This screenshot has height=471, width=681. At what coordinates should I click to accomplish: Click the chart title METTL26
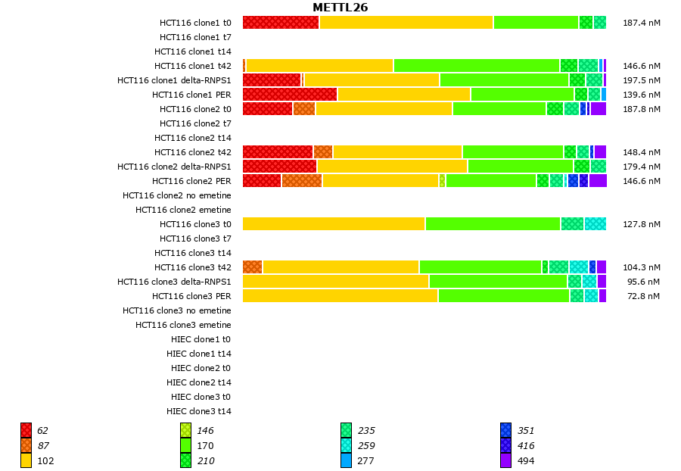340,8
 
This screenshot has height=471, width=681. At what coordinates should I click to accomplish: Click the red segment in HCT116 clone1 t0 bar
281,23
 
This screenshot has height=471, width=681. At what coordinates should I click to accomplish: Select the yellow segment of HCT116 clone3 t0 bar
334,224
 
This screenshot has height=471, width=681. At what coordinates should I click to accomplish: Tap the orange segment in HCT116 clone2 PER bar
302,181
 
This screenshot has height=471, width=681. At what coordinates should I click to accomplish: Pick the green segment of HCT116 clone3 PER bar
503,296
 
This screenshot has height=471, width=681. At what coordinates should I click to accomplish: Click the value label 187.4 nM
641,23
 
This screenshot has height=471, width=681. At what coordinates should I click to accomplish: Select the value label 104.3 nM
641,267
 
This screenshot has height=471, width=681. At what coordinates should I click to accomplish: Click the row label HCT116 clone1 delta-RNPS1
174,80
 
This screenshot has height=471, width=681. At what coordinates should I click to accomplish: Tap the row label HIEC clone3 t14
199,411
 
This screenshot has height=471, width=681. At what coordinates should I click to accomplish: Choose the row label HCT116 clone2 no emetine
177,195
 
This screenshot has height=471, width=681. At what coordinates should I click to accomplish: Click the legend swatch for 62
26,430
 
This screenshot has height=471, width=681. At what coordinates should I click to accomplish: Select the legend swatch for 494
505,460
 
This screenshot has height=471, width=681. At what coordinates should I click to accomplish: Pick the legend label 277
366,460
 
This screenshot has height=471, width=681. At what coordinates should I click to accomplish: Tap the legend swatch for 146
185,430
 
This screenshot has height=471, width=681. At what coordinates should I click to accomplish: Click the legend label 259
366,445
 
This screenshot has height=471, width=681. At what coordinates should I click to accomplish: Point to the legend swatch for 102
26,460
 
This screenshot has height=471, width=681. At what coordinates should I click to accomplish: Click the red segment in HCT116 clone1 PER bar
290,95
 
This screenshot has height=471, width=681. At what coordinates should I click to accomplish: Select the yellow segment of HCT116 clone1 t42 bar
319,66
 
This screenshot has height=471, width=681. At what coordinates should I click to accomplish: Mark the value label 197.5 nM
641,80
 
